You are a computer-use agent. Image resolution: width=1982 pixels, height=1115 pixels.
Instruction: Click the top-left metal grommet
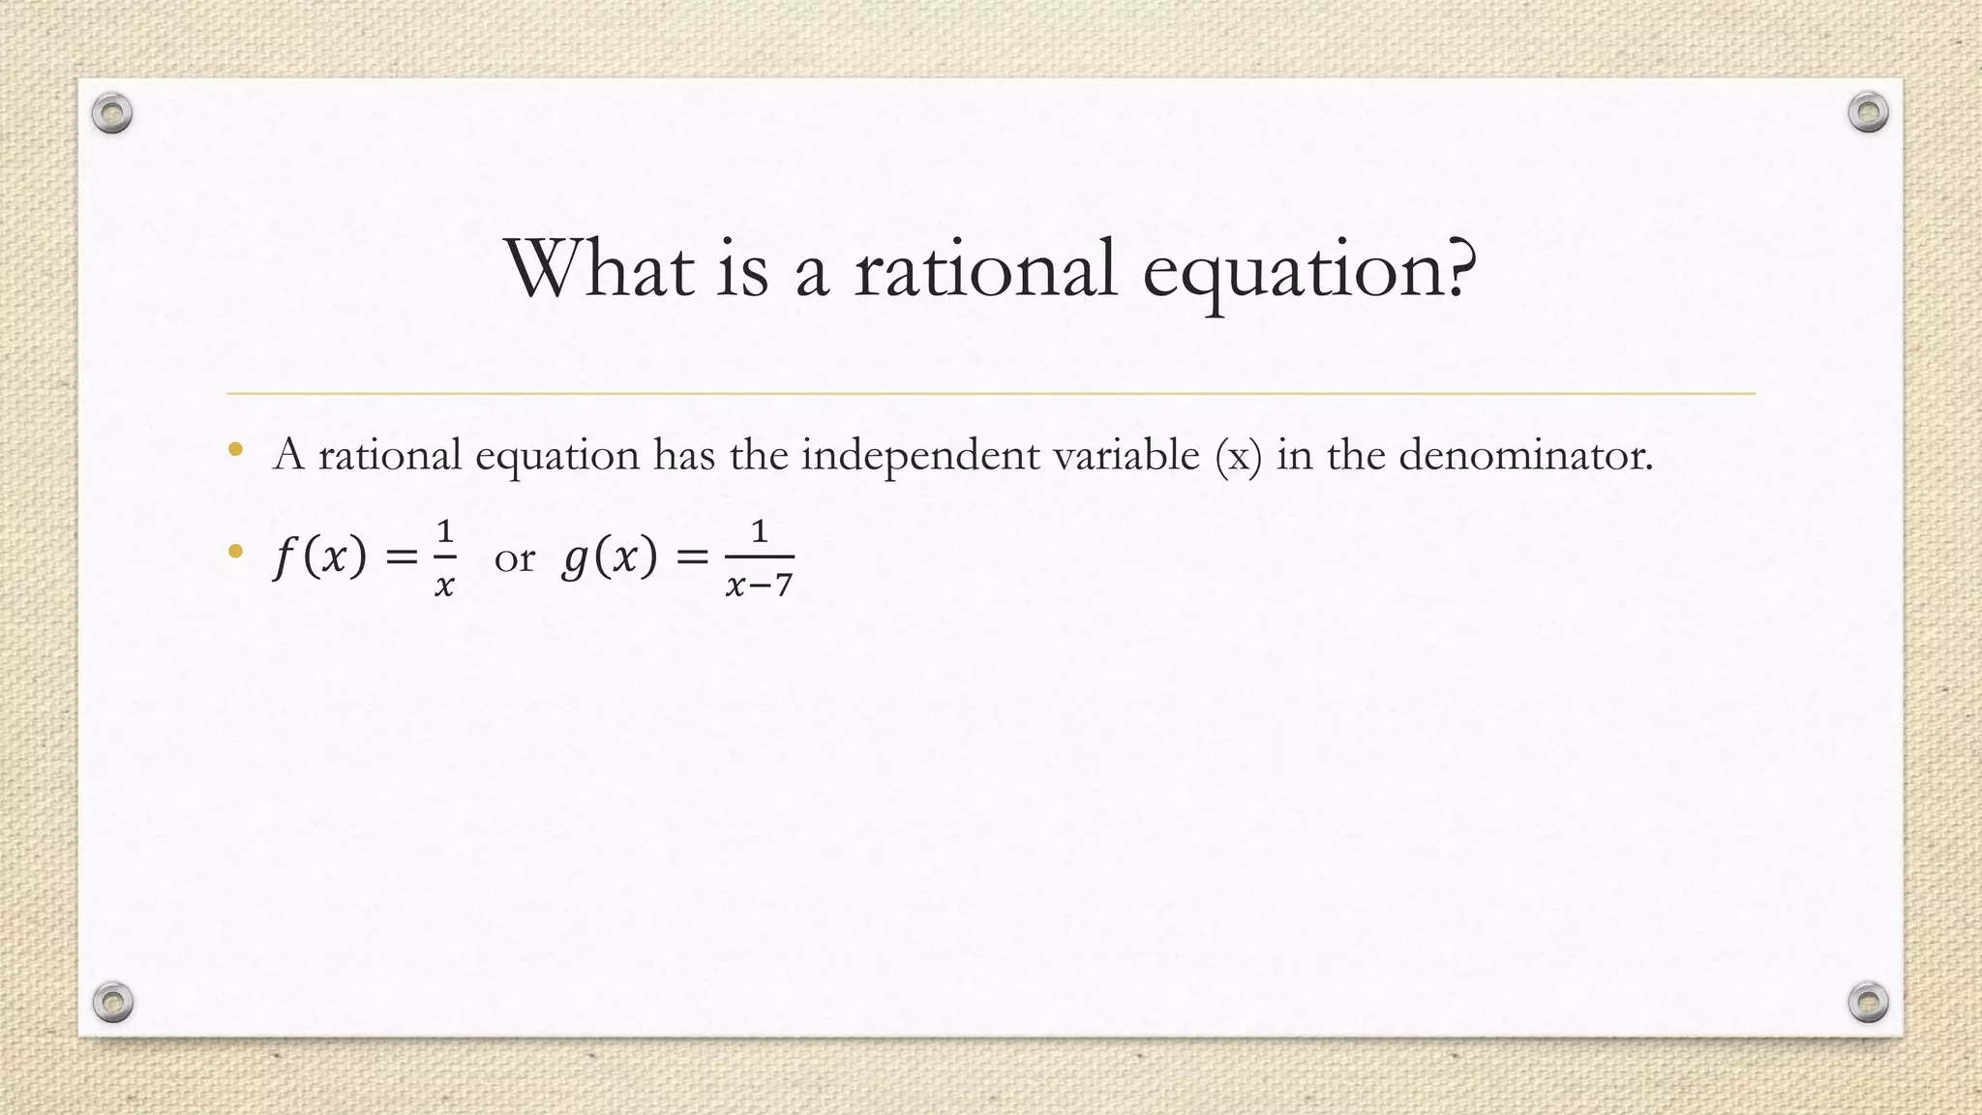pyautogui.click(x=112, y=113)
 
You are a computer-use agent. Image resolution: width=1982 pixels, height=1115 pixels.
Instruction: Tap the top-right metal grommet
pyautogui.click(x=1868, y=112)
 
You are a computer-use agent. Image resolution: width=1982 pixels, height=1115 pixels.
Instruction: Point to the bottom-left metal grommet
pyautogui.click(x=112, y=1002)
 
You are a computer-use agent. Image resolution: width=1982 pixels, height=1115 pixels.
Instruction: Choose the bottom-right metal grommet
pyautogui.click(x=1868, y=1002)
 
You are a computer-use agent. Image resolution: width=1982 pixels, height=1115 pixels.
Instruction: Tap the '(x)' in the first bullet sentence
pyautogui.click(x=1239, y=455)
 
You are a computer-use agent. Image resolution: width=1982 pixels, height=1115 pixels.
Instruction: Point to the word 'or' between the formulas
pyautogui.click(x=514, y=557)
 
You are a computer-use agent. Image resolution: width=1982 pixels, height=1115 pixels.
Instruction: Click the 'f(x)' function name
pyautogui.click(x=320, y=557)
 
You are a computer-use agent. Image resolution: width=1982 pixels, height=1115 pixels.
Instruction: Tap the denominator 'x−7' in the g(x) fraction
pyautogui.click(x=759, y=585)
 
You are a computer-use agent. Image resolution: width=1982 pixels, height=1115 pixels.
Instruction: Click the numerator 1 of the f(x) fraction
pyautogui.click(x=444, y=530)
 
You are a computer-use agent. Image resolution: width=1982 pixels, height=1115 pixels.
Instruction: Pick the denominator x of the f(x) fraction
pyautogui.click(x=444, y=585)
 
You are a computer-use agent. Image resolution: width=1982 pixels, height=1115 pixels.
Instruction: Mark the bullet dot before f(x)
pyautogui.click(x=235, y=552)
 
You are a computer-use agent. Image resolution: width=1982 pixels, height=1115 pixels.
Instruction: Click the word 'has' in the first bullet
pyautogui.click(x=683, y=454)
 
